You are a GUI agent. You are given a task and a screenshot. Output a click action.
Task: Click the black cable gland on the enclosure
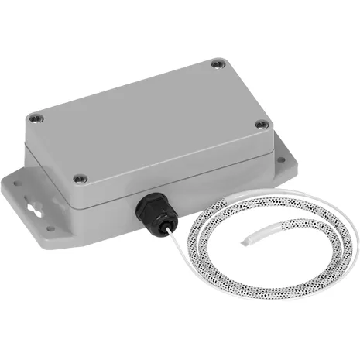(x=152, y=213)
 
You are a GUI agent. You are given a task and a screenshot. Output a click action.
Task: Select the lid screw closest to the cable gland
(x=77, y=179)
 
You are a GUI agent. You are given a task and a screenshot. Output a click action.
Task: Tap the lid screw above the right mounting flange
(x=261, y=123)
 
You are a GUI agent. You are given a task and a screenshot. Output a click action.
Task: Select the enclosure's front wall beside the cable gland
(x=209, y=186)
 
